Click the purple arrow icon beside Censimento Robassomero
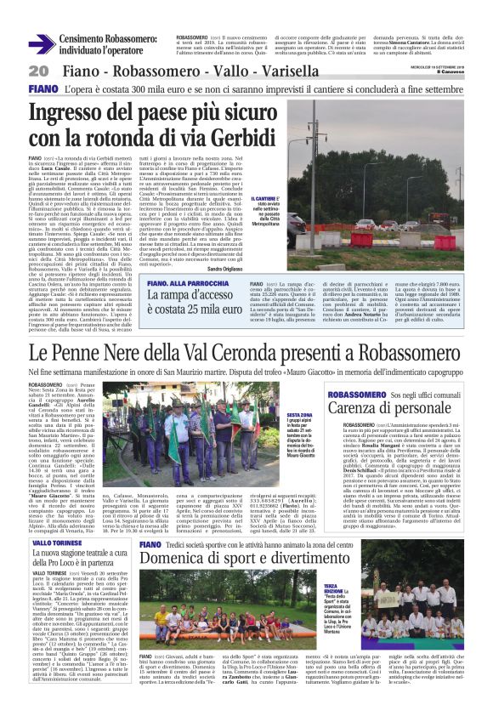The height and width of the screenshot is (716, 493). point(40,43)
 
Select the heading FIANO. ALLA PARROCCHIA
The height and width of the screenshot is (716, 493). point(190,284)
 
